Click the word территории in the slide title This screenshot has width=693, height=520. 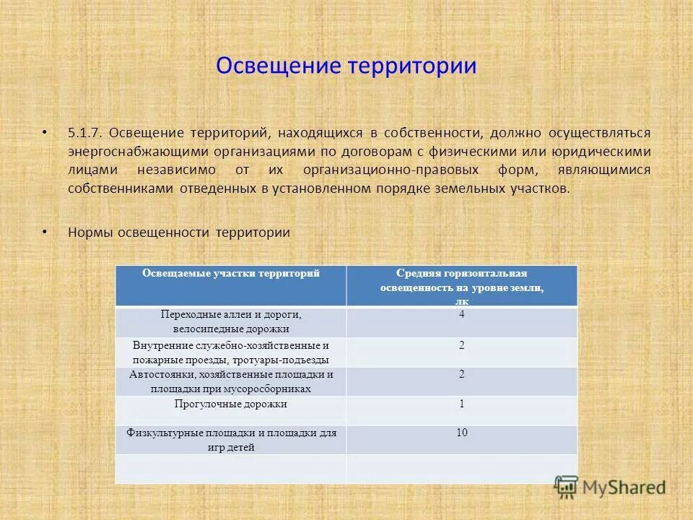413,66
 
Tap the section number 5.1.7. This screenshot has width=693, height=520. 87,133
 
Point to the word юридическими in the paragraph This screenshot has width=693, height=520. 608,152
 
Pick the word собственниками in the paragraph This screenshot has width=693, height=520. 121,189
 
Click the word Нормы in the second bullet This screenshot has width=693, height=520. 87,233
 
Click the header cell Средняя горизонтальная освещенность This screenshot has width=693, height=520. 462,285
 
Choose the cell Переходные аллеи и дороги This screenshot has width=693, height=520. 231,321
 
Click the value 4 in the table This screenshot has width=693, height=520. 462,315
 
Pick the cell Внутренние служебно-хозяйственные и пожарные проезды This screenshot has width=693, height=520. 231,352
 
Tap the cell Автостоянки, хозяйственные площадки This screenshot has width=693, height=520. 231,381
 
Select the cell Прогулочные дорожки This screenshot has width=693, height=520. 231,404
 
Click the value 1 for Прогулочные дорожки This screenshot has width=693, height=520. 462,404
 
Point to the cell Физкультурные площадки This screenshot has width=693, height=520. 231,440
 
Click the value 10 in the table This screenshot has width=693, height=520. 462,433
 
